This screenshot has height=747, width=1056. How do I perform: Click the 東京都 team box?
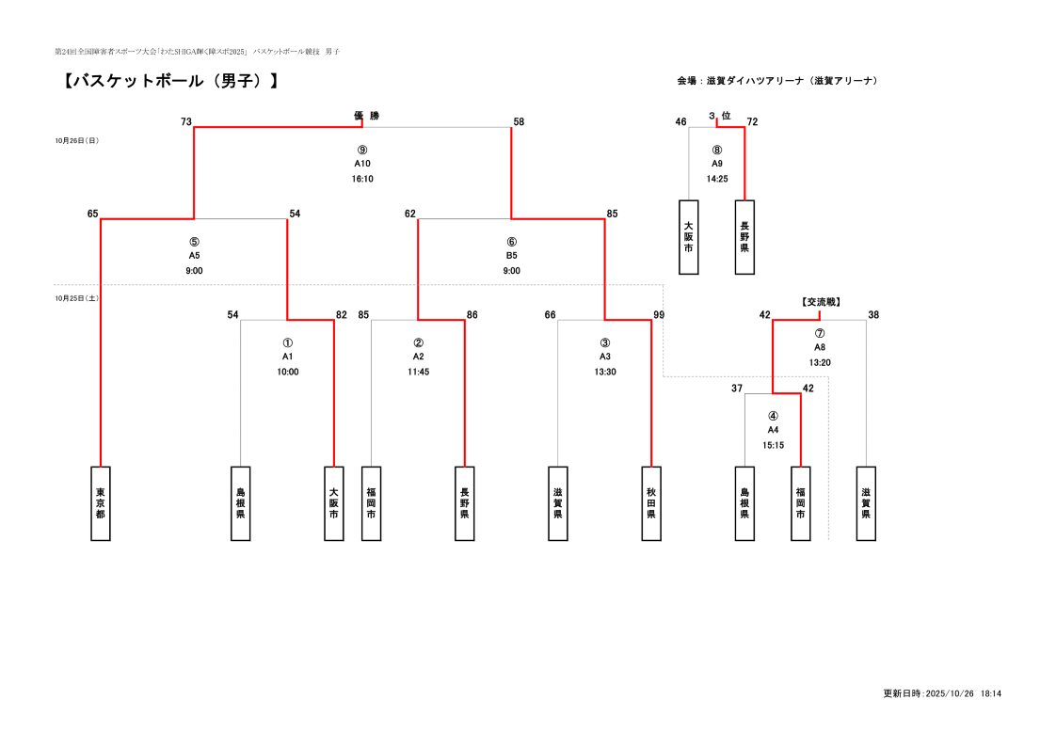[101, 503]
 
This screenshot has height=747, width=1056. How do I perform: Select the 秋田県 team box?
[651, 503]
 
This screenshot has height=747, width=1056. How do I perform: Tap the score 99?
[659, 314]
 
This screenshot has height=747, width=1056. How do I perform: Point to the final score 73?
[186, 121]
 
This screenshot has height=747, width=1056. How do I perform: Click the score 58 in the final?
[519, 121]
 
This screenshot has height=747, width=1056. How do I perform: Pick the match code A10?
[362, 164]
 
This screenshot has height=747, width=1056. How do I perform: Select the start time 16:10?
[362, 179]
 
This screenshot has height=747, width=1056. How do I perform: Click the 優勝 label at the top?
[367, 116]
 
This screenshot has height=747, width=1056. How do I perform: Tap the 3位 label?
[720, 116]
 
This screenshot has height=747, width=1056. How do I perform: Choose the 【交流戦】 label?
[821, 302]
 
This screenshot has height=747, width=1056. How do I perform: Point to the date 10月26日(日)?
[77, 141]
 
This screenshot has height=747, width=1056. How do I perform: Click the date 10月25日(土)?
[77, 298]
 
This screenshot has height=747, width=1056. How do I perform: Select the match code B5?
[512, 256]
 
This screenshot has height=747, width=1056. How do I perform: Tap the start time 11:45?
[419, 372]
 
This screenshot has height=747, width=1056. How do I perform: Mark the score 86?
[472, 314]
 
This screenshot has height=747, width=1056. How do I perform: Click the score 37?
[737, 388]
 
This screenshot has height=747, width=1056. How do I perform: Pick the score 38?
[873, 314]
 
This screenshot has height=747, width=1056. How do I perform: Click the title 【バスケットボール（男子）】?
[170, 81]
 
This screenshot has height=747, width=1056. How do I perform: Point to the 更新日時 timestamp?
[941, 693]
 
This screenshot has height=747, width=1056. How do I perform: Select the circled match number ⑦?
[820, 333]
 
